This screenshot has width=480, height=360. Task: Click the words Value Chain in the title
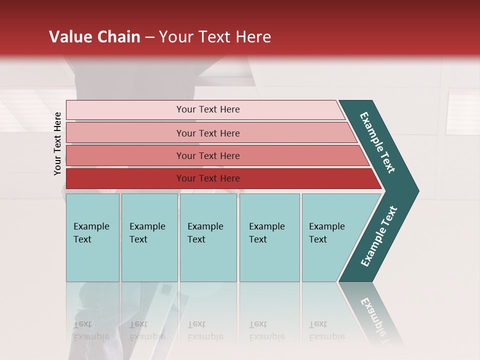(94, 37)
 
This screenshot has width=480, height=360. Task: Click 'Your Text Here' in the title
(215, 37)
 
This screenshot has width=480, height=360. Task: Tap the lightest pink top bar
(125, 110)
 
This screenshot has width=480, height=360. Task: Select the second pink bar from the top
(125, 133)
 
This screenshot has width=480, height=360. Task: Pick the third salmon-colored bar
(125, 155)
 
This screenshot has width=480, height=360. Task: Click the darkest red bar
(125, 178)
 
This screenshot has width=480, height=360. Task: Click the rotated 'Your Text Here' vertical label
(57, 143)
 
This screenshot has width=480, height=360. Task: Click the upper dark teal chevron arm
(378, 142)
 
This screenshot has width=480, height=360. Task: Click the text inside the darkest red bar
(208, 178)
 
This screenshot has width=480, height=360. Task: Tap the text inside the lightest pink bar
(208, 109)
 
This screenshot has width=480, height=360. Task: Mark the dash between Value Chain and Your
(149, 37)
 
